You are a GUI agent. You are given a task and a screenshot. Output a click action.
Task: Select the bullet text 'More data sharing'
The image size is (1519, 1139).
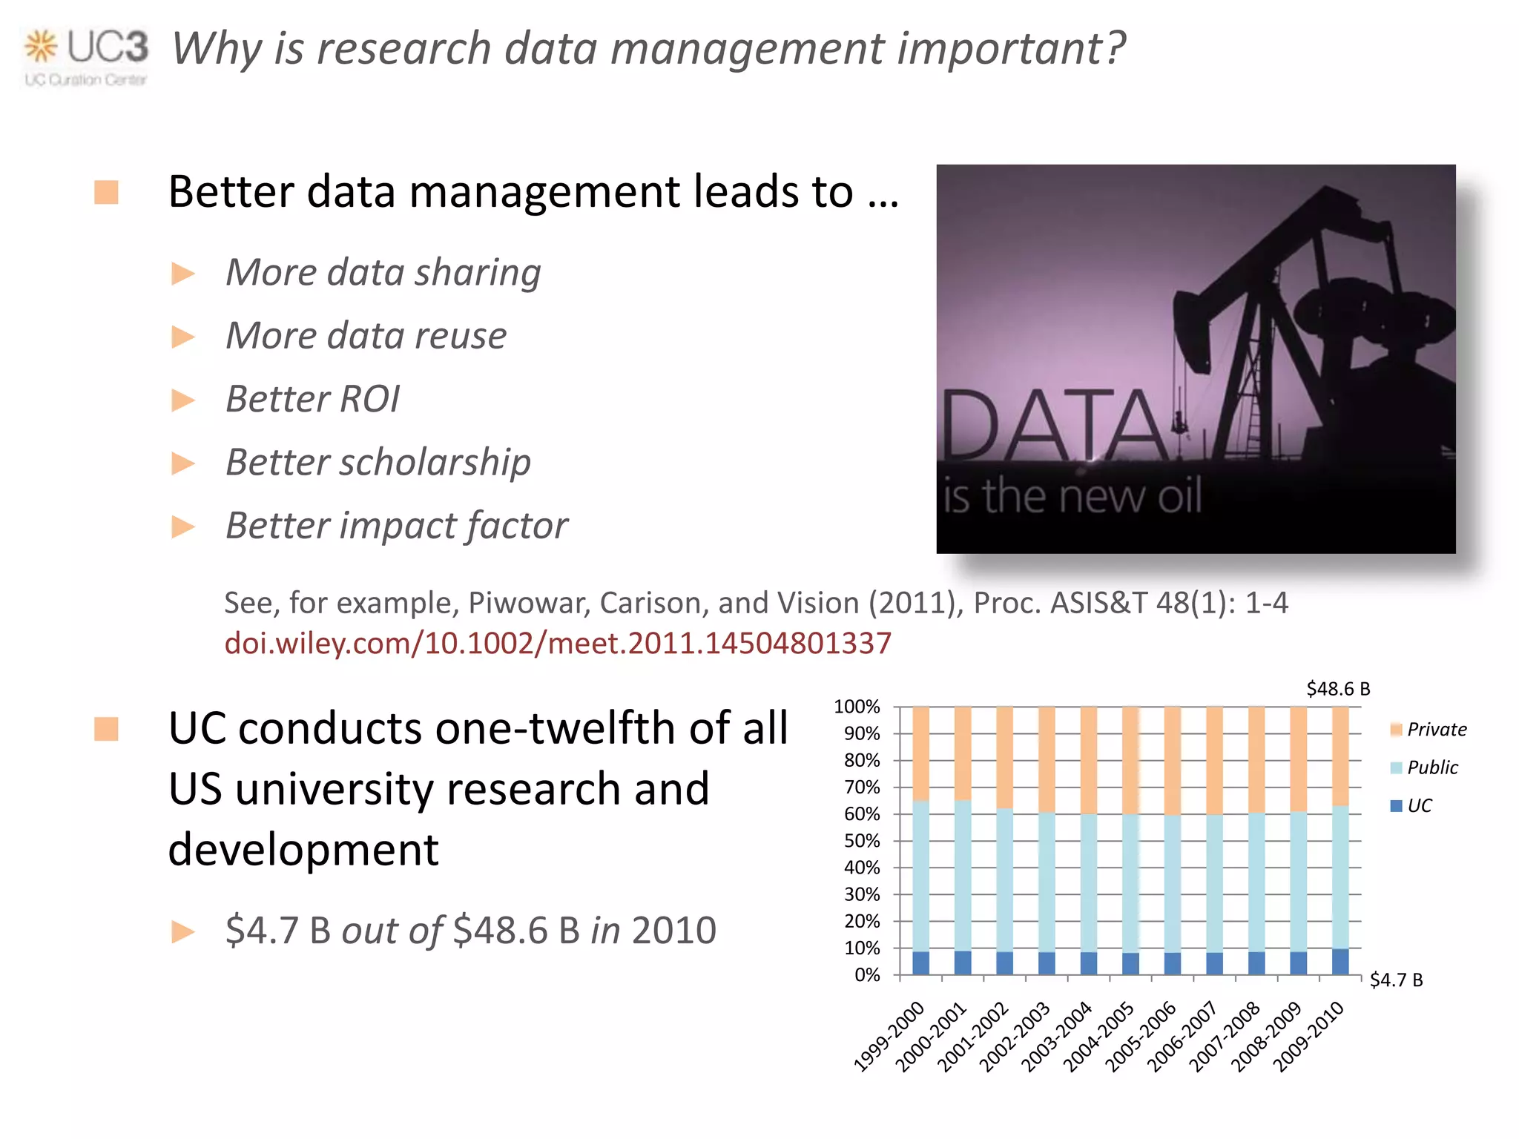383,272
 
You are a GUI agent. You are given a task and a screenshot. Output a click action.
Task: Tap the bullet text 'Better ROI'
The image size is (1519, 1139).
312,399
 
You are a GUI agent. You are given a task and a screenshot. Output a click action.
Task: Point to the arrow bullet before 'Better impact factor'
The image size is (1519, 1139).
182,527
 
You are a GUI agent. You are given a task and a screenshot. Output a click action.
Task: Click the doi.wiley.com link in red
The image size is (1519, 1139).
557,643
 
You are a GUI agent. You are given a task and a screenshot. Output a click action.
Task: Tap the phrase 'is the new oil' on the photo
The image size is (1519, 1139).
1072,496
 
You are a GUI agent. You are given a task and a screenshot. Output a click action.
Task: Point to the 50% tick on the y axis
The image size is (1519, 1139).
862,841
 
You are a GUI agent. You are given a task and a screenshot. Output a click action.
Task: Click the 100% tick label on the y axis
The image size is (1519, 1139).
857,707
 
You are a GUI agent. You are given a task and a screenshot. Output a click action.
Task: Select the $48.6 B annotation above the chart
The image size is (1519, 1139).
1337,689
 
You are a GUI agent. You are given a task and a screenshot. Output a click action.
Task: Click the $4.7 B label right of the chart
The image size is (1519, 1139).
1396,980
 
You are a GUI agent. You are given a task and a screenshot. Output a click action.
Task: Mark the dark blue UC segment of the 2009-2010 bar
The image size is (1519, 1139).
1340,962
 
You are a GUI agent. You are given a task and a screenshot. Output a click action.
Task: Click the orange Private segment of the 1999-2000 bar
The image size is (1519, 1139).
920,753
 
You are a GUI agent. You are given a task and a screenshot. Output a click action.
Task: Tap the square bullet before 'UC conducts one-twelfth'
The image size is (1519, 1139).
107,729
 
